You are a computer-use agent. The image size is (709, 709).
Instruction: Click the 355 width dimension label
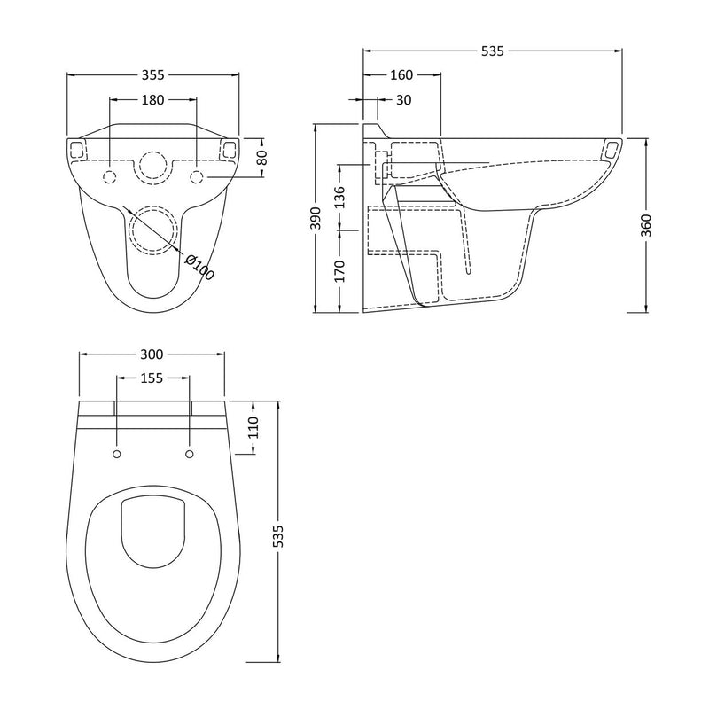tap(152, 74)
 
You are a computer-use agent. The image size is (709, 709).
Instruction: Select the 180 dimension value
tap(152, 100)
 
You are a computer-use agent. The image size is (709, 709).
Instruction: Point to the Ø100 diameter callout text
tap(200, 266)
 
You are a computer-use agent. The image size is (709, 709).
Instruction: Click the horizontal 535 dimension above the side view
tap(492, 51)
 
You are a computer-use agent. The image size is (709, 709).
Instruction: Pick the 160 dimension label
tap(401, 75)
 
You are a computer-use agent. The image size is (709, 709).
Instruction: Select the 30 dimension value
tap(403, 100)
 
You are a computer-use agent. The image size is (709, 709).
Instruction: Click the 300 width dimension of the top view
tap(152, 354)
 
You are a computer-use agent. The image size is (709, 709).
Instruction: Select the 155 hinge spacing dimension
tap(152, 378)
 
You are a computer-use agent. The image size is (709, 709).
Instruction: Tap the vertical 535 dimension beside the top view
tap(277, 537)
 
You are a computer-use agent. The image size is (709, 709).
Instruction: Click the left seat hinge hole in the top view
tap(117, 455)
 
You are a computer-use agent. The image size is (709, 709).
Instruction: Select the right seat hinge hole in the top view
tap(189, 455)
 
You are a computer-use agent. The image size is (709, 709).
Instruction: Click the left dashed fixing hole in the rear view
tap(110, 177)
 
